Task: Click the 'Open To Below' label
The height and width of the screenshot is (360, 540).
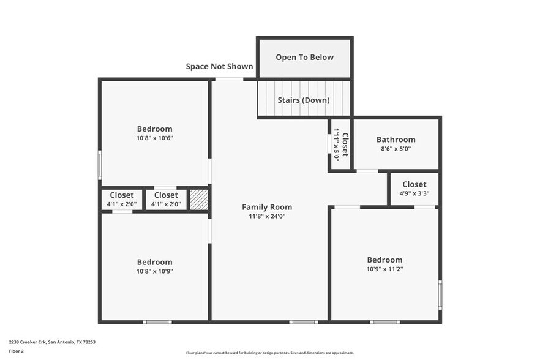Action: click(304, 58)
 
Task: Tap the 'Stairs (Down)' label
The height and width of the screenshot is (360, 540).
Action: click(304, 100)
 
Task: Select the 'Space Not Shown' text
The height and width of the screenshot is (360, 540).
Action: click(219, 66)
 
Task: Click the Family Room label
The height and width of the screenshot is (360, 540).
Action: click(267, 207)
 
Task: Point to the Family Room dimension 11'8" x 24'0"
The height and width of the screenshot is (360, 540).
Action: click(267, 216)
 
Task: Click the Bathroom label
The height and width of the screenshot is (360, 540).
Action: click(396, 140)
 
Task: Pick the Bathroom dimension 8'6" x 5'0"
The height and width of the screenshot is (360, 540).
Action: click(396, 149)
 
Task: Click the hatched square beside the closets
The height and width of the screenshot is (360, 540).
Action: click(198, 200)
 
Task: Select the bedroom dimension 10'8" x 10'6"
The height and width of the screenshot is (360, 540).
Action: click(154, 138)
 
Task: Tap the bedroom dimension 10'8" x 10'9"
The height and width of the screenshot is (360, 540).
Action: click(154, 271)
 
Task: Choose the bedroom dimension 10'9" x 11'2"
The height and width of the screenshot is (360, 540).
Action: click(384, 269)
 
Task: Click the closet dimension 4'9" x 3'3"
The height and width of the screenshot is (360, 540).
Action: click(414, 193)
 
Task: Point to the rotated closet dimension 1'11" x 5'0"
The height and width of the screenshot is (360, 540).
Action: click(336, 144)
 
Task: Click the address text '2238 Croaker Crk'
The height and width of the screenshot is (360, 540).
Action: click(28, 342)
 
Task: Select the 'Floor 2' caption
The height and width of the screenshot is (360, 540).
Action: click(16, 351)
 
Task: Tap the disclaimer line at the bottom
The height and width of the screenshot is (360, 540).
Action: click(269, 353)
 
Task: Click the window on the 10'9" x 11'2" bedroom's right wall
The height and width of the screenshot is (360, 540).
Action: click(440, 294)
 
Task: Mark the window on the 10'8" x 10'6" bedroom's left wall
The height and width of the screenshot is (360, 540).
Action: click(100, 165)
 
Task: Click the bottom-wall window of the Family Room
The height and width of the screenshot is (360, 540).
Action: click(303, 321)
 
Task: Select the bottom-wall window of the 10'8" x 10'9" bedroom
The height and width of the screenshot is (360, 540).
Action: click(157, 321)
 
